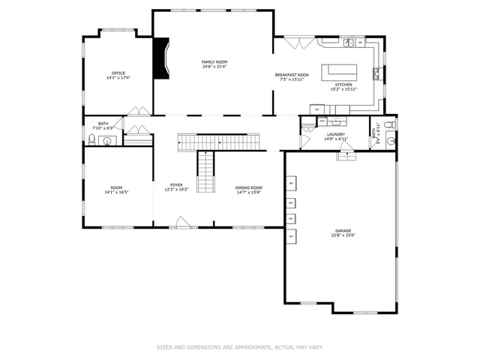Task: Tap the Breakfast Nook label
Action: click(x=292, y=75)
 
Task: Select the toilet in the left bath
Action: click(x=92, y=139)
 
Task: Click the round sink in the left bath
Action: click(x=106, y=139)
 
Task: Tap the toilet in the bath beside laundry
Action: click(x=388, y=125)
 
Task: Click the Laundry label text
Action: click(x=335, y=134)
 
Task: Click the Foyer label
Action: click(x=176, y=184)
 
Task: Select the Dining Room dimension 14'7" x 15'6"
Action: click(x=249, y=193)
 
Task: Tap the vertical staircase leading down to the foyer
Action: click(x=206, y=172)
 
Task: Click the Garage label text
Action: click(x=343, y=230)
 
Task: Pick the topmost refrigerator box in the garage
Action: click(x=290, y=183)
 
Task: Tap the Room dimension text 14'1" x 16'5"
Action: click(x=116, y=192)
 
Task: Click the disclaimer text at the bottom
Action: click(x=239, y=347)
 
